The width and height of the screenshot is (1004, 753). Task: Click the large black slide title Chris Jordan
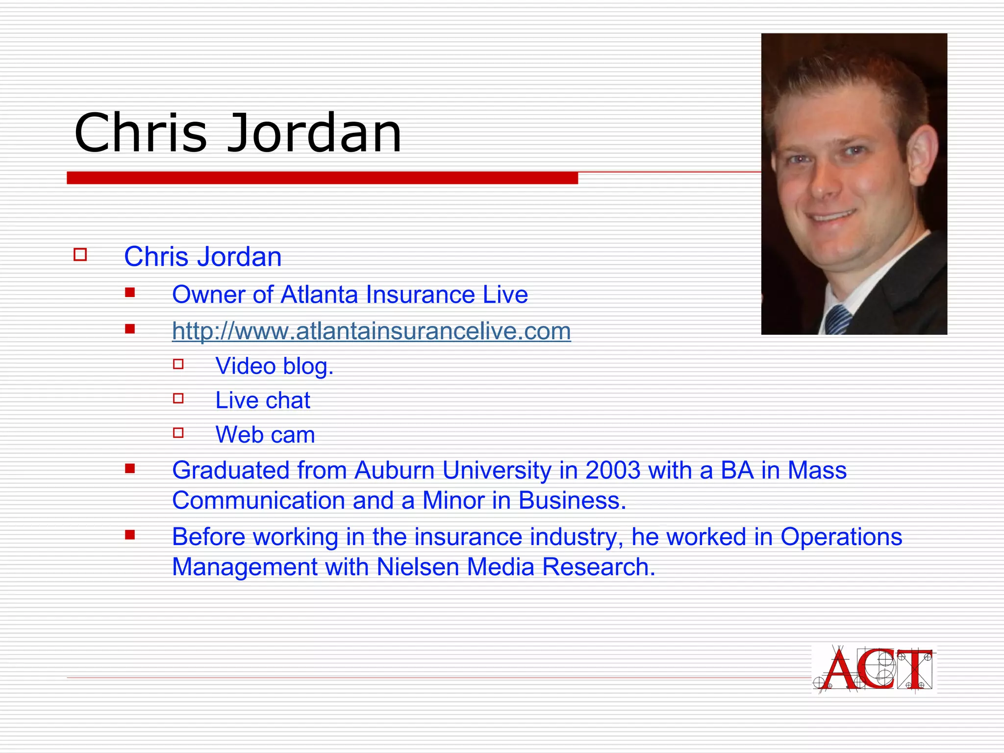(238, 132)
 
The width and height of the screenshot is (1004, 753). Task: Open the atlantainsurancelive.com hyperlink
(371, 331)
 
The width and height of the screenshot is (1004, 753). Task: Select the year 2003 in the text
(613, 471)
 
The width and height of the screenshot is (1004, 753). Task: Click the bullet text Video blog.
(275, 366)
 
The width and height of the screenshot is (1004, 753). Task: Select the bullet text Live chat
(263, 401)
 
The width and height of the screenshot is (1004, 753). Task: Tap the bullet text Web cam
(265, 435)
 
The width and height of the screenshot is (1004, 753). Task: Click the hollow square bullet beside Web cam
(178, 433)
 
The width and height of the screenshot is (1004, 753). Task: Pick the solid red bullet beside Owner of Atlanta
(130, 293)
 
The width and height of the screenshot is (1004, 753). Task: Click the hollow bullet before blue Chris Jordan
(80, 255)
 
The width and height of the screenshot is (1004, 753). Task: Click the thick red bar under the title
(322, 178)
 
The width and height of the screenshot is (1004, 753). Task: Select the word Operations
(841, 537)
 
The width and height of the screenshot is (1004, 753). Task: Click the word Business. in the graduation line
(572, 501)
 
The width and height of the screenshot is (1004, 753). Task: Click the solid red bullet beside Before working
(130, 535)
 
